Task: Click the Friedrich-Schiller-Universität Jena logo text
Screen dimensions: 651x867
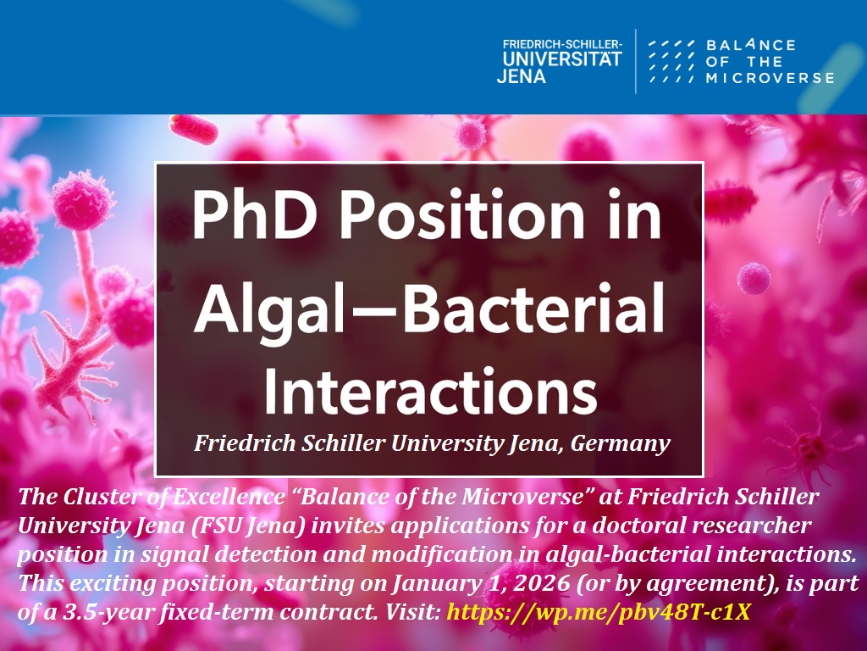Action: click(561, 60)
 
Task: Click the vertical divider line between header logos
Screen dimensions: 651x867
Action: click(637, 60)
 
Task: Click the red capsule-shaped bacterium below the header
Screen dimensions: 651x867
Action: click(193, 129)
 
